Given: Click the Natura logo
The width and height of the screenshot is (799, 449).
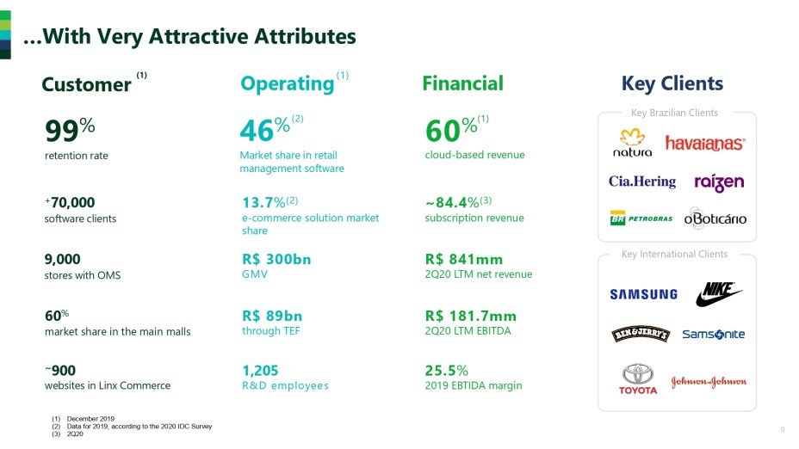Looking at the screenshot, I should click(633, 143).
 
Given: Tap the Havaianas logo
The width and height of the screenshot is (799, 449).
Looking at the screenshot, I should click(705, 143).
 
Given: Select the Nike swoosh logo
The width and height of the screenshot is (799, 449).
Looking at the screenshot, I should click(718, 294).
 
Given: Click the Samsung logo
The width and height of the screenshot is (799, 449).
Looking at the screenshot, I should click(643, 294).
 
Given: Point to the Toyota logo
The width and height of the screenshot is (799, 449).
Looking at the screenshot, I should click(638, 378).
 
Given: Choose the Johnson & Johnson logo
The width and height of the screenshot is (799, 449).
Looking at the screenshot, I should click(709, 381).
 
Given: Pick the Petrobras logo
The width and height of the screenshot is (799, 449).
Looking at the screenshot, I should click(641, 218).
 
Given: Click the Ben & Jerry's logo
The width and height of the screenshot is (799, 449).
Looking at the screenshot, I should click(641, 335).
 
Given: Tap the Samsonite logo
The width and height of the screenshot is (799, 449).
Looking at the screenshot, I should click(713, 335).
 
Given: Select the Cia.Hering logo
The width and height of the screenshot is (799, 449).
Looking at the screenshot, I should click(642, 181).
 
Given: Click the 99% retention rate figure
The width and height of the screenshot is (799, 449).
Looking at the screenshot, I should click(69, 132).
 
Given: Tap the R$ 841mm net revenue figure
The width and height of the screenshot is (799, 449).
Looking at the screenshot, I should click(464, 259).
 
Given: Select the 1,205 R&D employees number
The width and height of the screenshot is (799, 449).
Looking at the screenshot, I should click(261, 371).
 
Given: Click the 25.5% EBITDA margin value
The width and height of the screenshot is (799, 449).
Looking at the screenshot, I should click(446, 371).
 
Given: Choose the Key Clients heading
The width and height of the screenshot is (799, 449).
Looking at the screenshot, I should click(672, 83).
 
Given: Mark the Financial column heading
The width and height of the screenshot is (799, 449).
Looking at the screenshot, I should click(462, 83).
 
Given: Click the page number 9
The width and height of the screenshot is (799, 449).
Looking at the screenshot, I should click(782, 429).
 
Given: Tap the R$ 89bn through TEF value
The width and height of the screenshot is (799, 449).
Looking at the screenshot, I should click(272, 316).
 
